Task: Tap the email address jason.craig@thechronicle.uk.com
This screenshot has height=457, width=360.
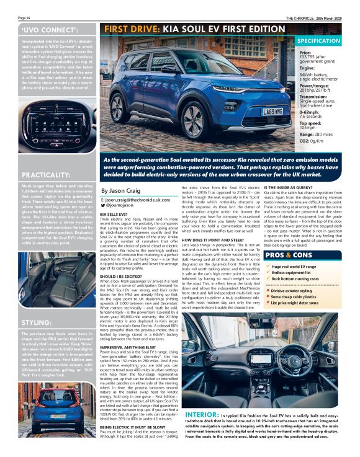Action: (x=135, y=201)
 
